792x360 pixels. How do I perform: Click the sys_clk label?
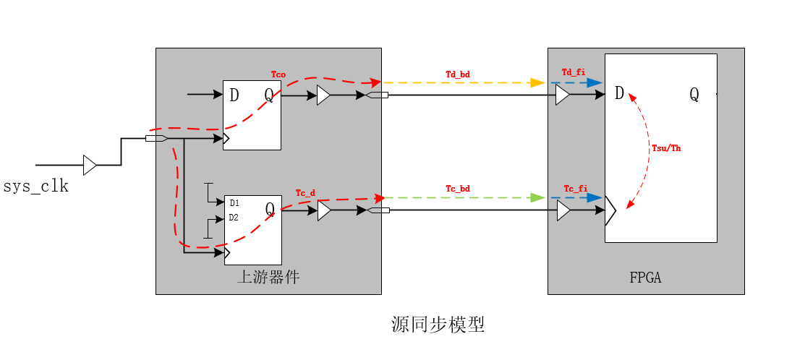pos(35,187)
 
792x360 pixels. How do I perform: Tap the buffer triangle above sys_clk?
pos(90,165)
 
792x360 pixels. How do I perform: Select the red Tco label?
pos(278,74)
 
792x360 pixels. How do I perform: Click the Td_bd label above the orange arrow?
pos(457,74)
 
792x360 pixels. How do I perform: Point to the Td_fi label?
pos(573,72)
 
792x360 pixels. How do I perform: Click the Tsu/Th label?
pos(666,148)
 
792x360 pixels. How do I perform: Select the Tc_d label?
pos(305,193)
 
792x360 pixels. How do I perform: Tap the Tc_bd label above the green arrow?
pos(457,189)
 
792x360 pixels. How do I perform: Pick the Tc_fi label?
pos(575,188)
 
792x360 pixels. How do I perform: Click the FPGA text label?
pos(645,278)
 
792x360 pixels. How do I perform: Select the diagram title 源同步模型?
pos(438,325)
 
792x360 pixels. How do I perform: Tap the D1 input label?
pos(234,203)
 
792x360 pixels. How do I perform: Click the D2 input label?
pos(234,218)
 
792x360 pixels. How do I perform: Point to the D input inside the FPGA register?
pos(619,93)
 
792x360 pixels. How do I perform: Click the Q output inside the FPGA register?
pos(694,94)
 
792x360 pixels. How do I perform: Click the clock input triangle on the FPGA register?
pos(610,210)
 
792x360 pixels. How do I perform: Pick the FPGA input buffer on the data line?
pos(562,95)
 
